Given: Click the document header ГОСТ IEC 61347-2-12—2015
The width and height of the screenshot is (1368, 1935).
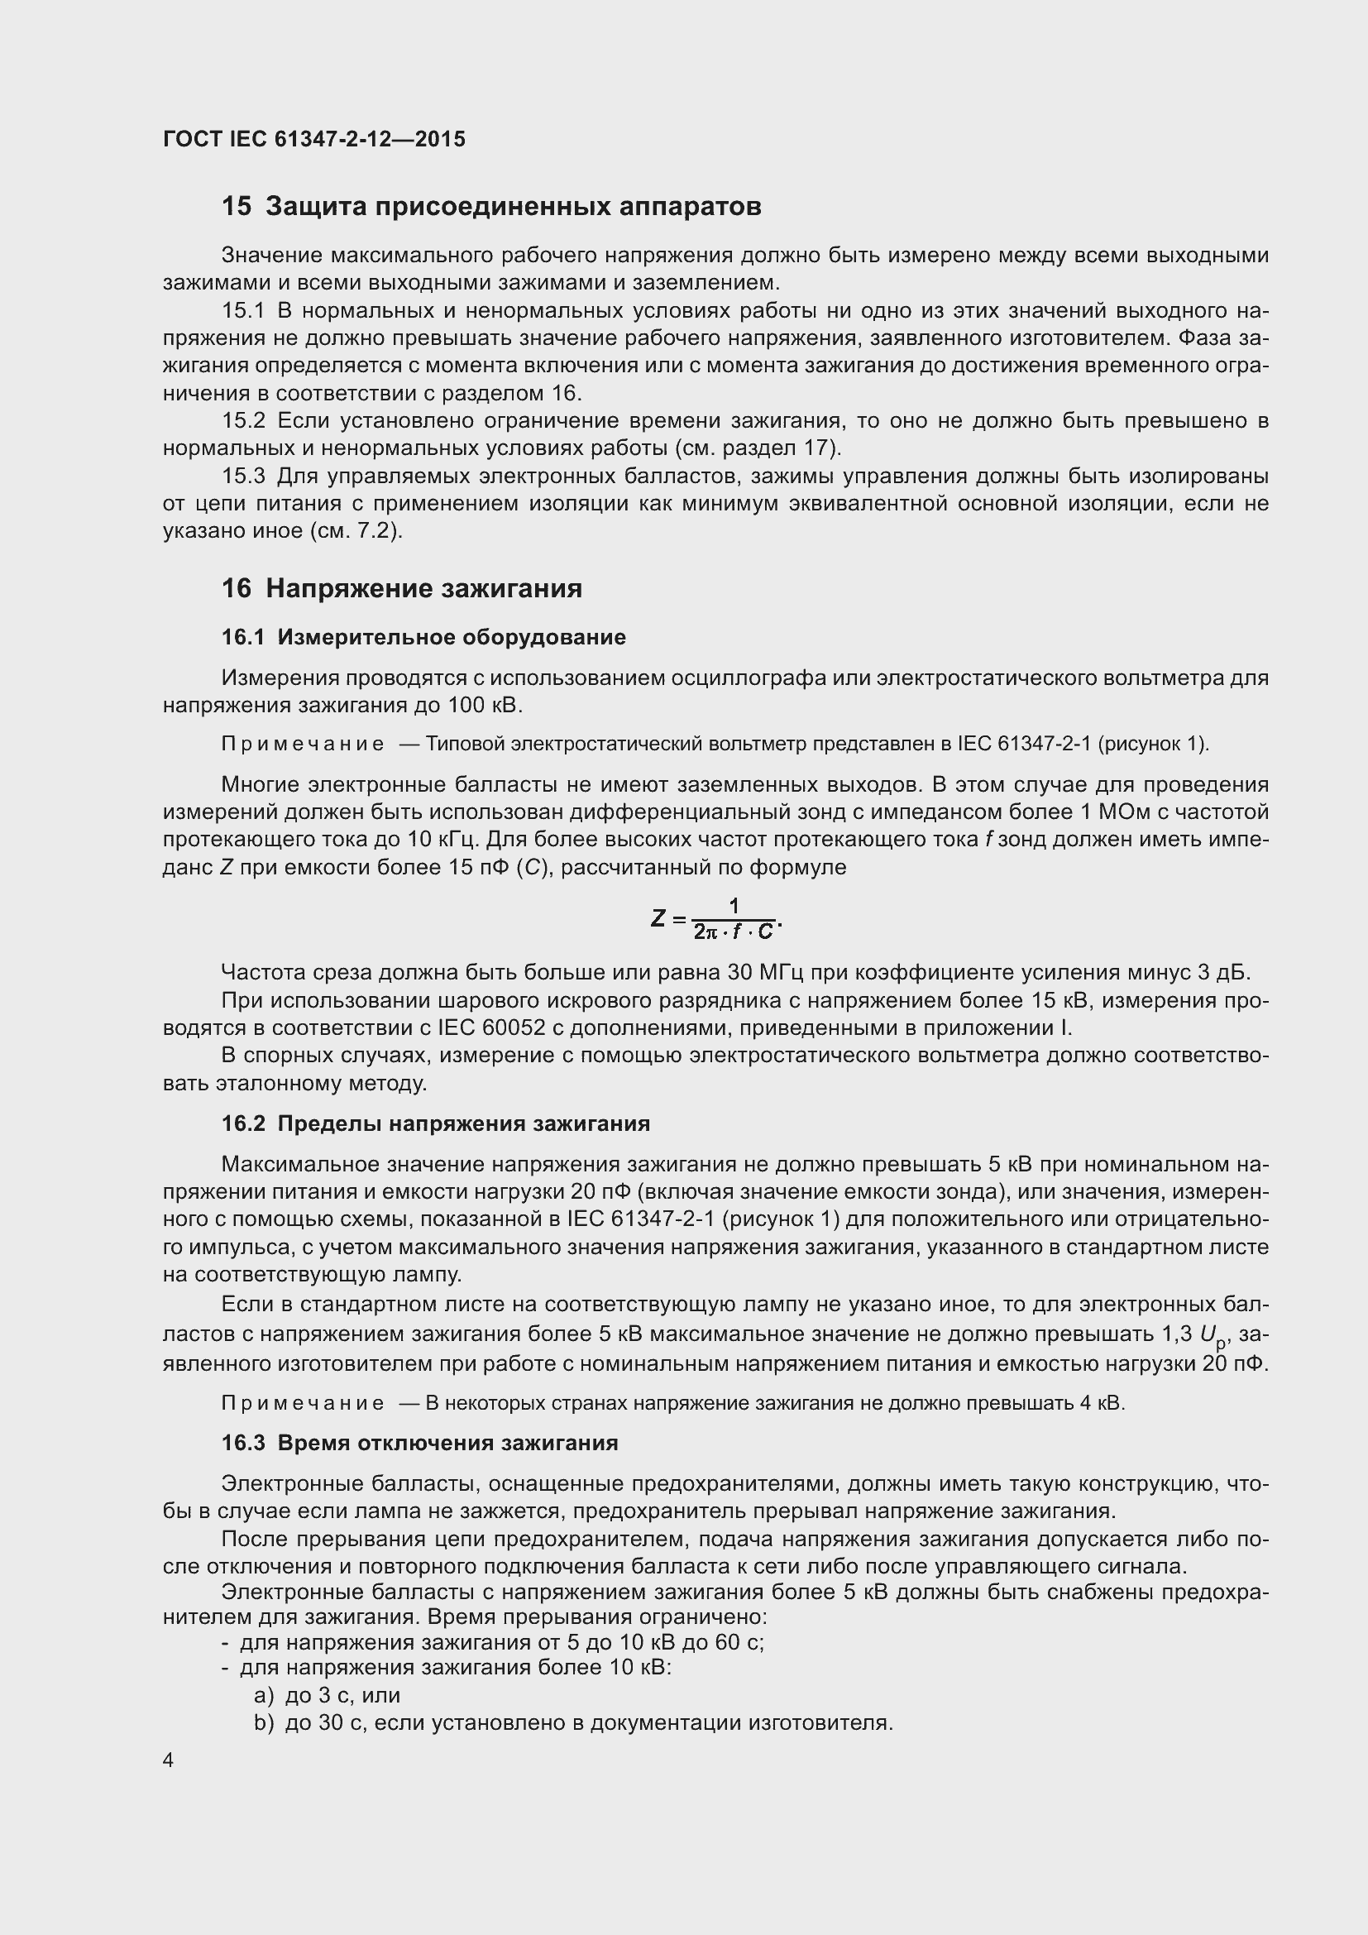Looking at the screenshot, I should click(x=313, y=140).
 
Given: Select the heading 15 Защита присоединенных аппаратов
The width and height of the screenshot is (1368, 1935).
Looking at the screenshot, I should click(x=491, y=207).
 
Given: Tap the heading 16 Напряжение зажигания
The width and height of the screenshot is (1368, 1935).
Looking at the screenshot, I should click(x=402, y=588).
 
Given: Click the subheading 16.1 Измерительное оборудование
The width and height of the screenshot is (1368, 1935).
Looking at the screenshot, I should click(x=423, y=637).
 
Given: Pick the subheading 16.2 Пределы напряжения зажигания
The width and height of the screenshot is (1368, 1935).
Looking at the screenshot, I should click(x=436, y=1123).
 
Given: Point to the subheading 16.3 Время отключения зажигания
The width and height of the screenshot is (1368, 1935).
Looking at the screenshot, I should click(x=419, y=1443).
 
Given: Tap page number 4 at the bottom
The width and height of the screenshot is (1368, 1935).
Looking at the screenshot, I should click(x=169, y=1760).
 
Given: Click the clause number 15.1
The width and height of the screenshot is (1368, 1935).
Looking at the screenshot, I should click(x=242, y=311).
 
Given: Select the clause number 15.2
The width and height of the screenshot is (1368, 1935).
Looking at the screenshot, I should click(x=242, y=420).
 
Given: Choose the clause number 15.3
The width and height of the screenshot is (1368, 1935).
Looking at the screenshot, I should click(x=242, y=477).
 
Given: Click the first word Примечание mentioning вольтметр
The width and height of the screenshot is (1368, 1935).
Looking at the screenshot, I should click(x=303, y=745).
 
